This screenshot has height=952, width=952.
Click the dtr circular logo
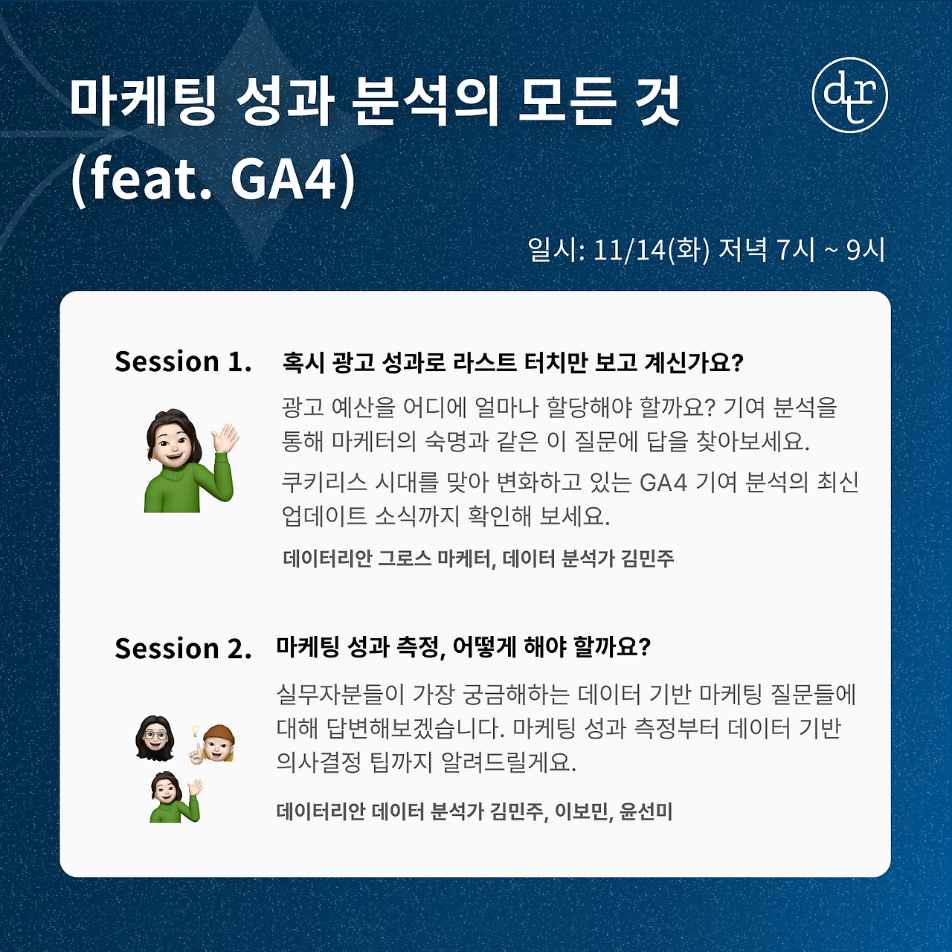[x=849, y=95]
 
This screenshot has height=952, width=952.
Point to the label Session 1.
[x=183, y=361]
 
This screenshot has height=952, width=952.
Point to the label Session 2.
[x=183, y=649]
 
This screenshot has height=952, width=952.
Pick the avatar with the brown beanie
[x=218, y=743]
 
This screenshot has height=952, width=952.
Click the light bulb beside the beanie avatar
[x=196, y=731]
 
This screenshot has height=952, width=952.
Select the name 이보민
[x=583, y=811]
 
